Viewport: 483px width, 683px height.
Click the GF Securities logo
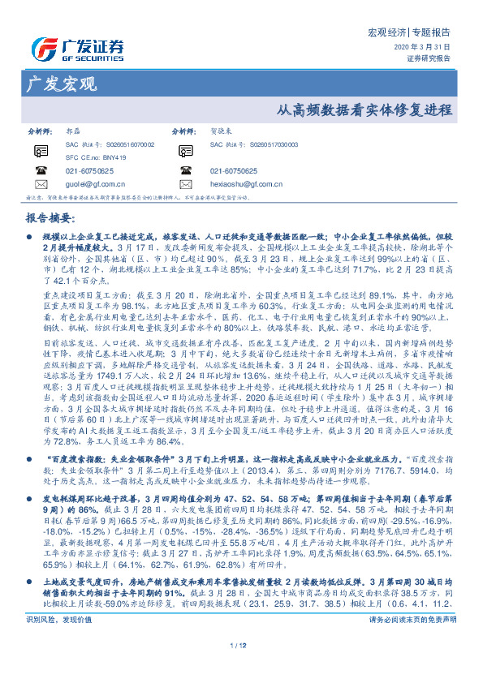tap(77, 46)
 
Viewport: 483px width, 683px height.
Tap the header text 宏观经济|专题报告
tap(409, 33)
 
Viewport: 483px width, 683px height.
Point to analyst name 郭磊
tap(71, 131)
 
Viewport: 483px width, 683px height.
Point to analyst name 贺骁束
tap(221, 131)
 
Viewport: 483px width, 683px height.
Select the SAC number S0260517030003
tap(241, 144)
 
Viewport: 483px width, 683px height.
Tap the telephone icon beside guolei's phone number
tap(41, 171)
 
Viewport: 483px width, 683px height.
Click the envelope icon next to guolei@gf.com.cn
tap(41, 185)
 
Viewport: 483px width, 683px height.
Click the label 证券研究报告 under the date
tap(428, 58)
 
